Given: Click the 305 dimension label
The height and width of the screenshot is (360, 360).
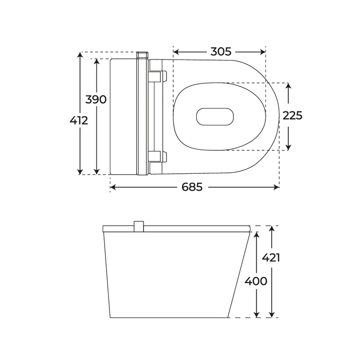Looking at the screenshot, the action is tap(221, 52).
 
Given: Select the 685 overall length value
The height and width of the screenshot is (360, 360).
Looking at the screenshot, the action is tap(192, 187).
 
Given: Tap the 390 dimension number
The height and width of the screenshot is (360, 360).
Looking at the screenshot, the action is tap(96, 99).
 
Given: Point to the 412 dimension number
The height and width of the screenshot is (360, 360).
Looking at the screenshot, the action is tap(79, 120).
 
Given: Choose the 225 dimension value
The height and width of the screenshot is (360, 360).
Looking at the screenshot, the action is tap(292, 116).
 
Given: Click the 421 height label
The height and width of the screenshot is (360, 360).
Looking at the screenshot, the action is tap(271, 258).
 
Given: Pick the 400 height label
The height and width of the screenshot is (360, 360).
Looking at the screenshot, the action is tap(256, 281).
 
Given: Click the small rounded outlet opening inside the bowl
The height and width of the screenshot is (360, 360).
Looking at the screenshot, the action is tap(215, 117).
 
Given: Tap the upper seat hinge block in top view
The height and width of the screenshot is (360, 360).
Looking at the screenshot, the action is tap(157, 76).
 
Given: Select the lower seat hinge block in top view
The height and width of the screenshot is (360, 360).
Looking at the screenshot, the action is tap(157, 156).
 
